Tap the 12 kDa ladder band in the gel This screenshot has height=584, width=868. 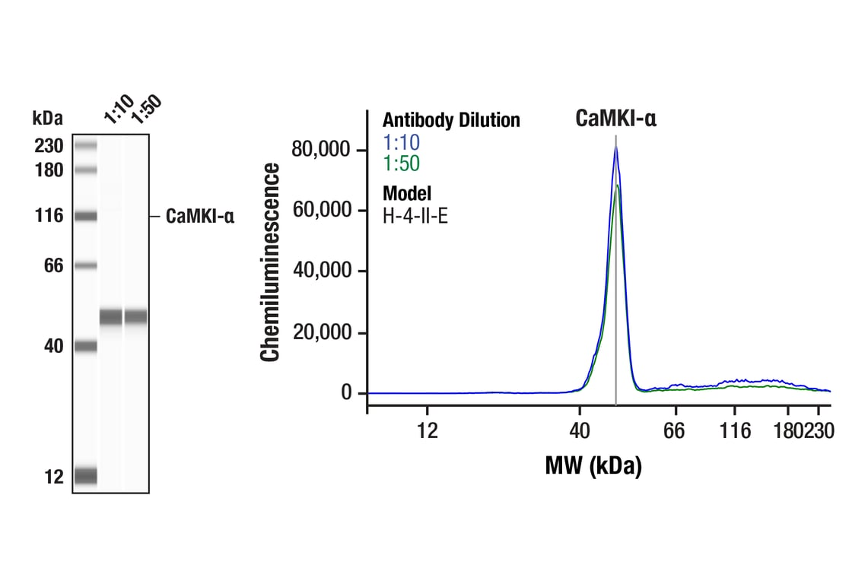point(86,475)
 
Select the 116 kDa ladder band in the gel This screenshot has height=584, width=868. point(86,217)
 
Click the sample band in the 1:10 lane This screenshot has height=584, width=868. point(110,316)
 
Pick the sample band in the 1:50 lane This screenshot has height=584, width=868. point(136,316)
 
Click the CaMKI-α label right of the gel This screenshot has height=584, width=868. point(200,217)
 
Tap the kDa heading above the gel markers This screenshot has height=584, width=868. point(48,118)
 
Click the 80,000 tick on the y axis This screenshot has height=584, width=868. point(323,150)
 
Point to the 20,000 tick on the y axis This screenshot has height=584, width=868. point(323,333)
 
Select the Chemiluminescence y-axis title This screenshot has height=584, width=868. point(271,262)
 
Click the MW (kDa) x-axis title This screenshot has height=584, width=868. point(593,465)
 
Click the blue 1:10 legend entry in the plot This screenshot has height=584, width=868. point(401,142)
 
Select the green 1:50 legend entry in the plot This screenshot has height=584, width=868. point(401,163)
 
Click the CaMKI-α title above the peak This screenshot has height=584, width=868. point(615,118)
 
